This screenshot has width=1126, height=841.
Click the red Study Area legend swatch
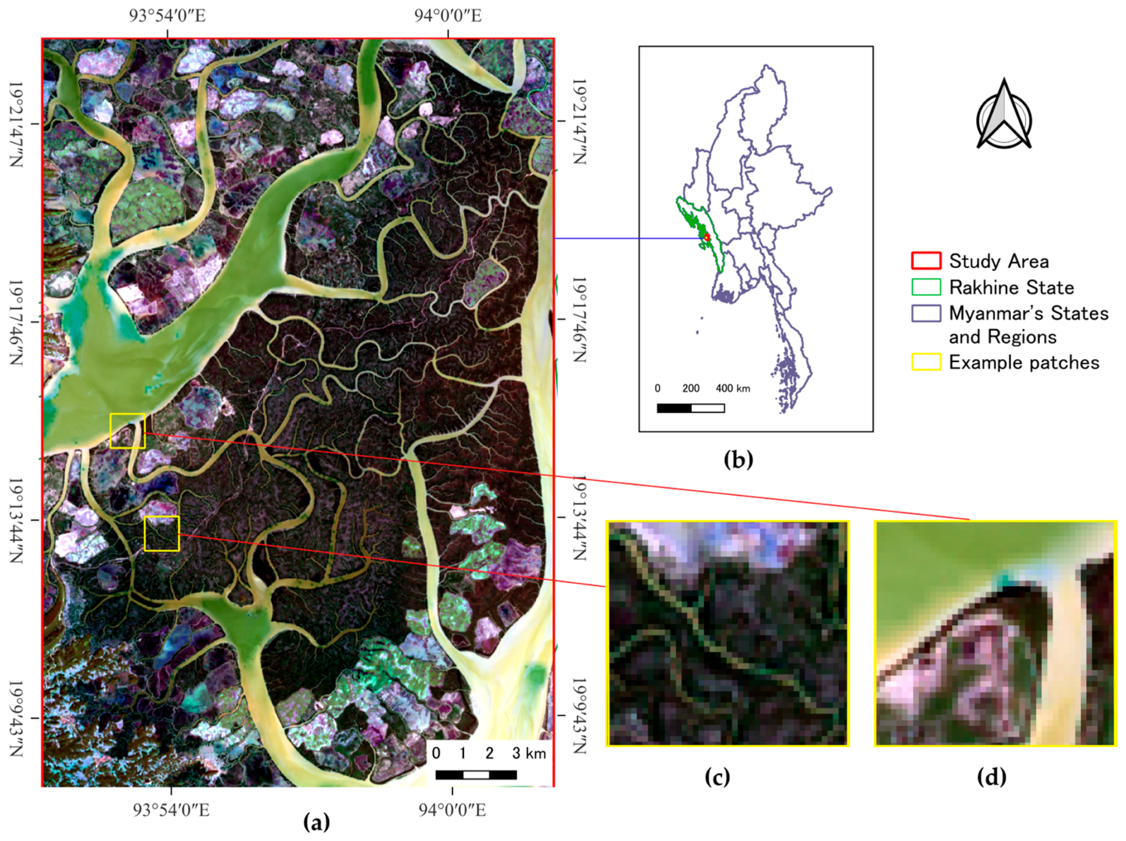[x=925, y=261]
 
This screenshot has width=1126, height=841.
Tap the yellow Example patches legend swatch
[x=925, y=362]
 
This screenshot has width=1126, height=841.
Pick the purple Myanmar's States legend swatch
[x=925, y=313]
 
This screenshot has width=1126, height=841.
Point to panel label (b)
[x=738, y=459]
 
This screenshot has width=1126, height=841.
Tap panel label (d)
[x=991, y=776]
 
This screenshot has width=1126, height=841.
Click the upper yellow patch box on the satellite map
[x=127, y=431]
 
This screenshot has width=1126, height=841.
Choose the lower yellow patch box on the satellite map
[x=161, y=533]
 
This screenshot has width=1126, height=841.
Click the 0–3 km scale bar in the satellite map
[x=476, y=774]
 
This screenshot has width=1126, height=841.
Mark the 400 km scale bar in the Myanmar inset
[x=690, y=408]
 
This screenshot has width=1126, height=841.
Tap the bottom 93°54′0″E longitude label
[x=171, y=809]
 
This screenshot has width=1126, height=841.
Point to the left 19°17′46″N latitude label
[x=17, y=322]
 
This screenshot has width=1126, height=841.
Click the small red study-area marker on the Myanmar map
[x=707, y=238]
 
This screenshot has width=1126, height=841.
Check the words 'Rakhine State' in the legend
[x=1011, y=288]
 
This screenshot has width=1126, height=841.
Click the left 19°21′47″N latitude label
[x=17, y=124]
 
